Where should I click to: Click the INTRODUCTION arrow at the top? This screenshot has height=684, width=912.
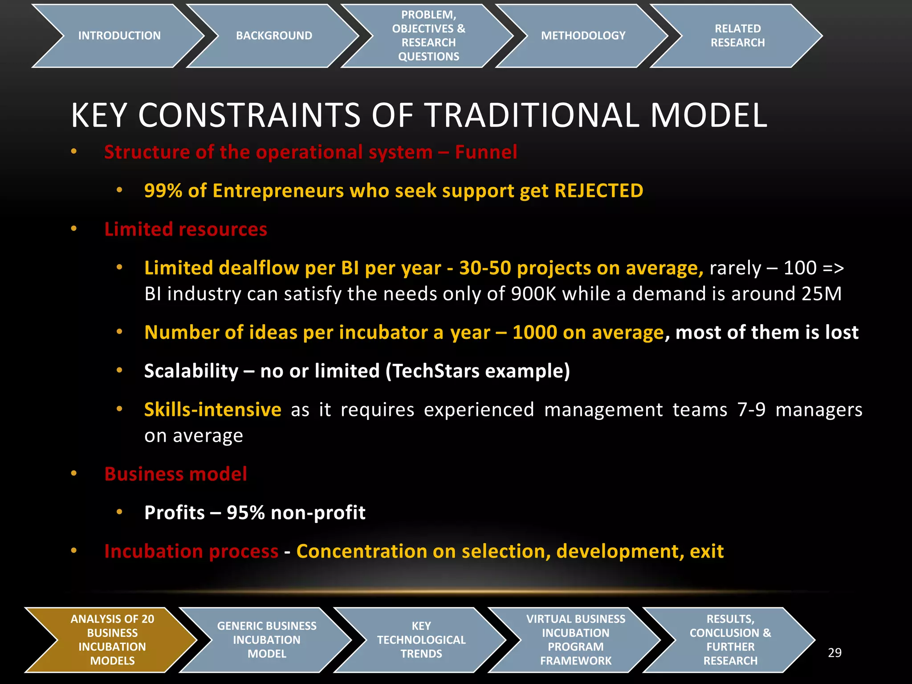click(119, 36)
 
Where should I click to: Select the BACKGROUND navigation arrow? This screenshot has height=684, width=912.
click(274, 36)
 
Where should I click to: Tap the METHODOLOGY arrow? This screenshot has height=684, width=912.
click(583, 36)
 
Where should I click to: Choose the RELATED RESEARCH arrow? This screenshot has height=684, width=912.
click(737, 36)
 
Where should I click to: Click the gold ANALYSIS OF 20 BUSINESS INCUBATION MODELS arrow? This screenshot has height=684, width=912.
click(112, 639)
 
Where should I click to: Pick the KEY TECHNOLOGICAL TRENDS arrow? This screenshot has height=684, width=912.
click(421, 639)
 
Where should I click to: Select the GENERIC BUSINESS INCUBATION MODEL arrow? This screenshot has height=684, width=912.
click(267, 639)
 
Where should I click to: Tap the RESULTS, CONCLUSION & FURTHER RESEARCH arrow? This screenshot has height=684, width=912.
click(730, 639)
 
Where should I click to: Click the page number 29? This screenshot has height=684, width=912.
click(835, 653)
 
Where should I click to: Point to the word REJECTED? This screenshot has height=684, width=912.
click(598, 191)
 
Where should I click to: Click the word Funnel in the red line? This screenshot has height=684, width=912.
click(486, 152)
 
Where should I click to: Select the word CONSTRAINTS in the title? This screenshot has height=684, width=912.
click(249, 115)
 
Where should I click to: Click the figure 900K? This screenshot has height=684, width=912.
click(533, 294)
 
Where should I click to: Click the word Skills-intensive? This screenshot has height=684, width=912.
click(212, 410)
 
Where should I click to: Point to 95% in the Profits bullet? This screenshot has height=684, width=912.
click(246, 513)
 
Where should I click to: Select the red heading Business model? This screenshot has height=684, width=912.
click(175, 474)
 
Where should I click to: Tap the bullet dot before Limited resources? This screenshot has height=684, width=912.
click(74, 229)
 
